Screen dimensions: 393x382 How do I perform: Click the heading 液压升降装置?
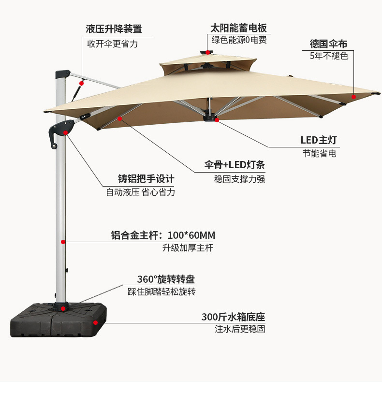pyautogui.click(x=114, y=29)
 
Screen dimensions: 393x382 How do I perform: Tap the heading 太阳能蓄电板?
pyautogui.click(x=238, y=28)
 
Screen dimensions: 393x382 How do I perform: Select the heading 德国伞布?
pyautogui.click(x=328, y=44)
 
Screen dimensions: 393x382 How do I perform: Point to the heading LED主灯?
pyautogui.click(x=319, y=140)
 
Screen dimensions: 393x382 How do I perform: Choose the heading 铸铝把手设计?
pyautogui.click(x=146, y=178)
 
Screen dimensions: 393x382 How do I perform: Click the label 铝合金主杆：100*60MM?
pyautogui.click(x=163, y=235)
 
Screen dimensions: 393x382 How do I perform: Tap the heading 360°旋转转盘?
pyautogui.click(x=166, y=279)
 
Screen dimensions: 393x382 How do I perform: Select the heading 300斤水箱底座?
pyautogui.click(x=233, y=317)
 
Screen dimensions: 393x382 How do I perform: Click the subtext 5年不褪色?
pyautogui.click(x=329, y=56)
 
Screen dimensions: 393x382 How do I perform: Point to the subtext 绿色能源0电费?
pyautogui.click(x=238, y=40)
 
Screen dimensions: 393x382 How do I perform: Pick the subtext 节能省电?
pyautogui.click(x=319, y=153)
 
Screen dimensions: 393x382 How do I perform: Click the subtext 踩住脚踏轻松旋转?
pyautogui.click(x=162, y=291)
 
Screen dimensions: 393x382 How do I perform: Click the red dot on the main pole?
pyautogui.click(x=63, y=241)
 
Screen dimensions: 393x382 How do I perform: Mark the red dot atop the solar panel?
pyautogui.click(x=208, y=52)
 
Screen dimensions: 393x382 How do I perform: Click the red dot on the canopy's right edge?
pyautogui.click(x=353, y=97)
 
